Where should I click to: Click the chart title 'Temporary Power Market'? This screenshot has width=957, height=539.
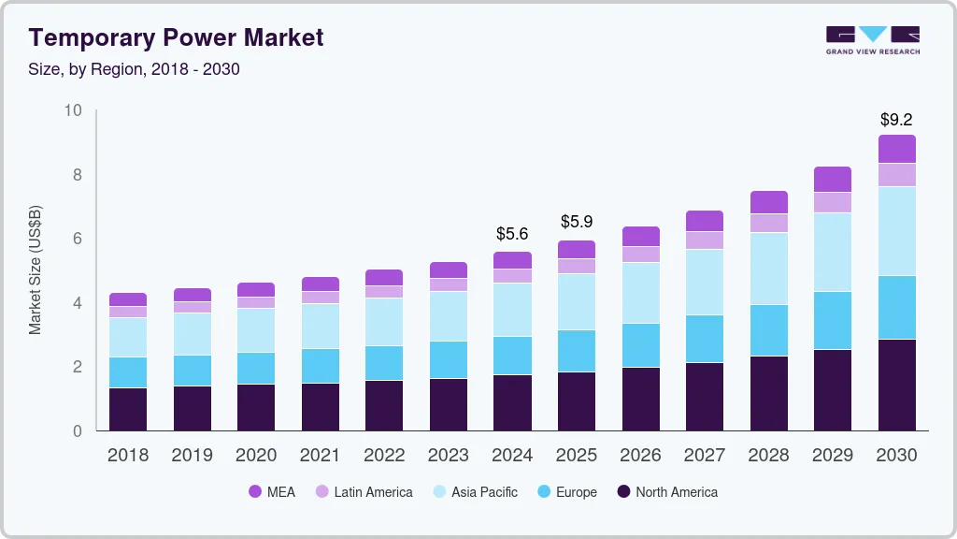(x=177, y=37)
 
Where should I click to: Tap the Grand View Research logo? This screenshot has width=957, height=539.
(x=872, y=39)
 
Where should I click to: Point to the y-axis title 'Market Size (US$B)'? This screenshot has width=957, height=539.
(x=36, y=269)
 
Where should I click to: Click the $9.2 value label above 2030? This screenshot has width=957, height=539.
(x=896, y=120)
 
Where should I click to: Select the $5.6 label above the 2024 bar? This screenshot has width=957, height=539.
(x=512, y=233)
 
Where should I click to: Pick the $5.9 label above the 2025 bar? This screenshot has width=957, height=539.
(x=577, y=222)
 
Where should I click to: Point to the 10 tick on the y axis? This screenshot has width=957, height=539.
(x=73, y=110)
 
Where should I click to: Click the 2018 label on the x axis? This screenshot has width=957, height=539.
(x=127, y=456)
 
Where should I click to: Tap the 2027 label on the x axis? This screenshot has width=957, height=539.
(x=704, y=456)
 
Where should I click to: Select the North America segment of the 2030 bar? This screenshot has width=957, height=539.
(x=896, y=385)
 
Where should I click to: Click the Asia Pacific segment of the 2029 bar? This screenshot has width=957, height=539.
(x=832, y=252)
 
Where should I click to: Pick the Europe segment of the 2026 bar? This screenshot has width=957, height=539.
(x=640, y=345)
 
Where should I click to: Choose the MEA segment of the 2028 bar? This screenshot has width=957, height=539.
(x=768, y=202)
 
